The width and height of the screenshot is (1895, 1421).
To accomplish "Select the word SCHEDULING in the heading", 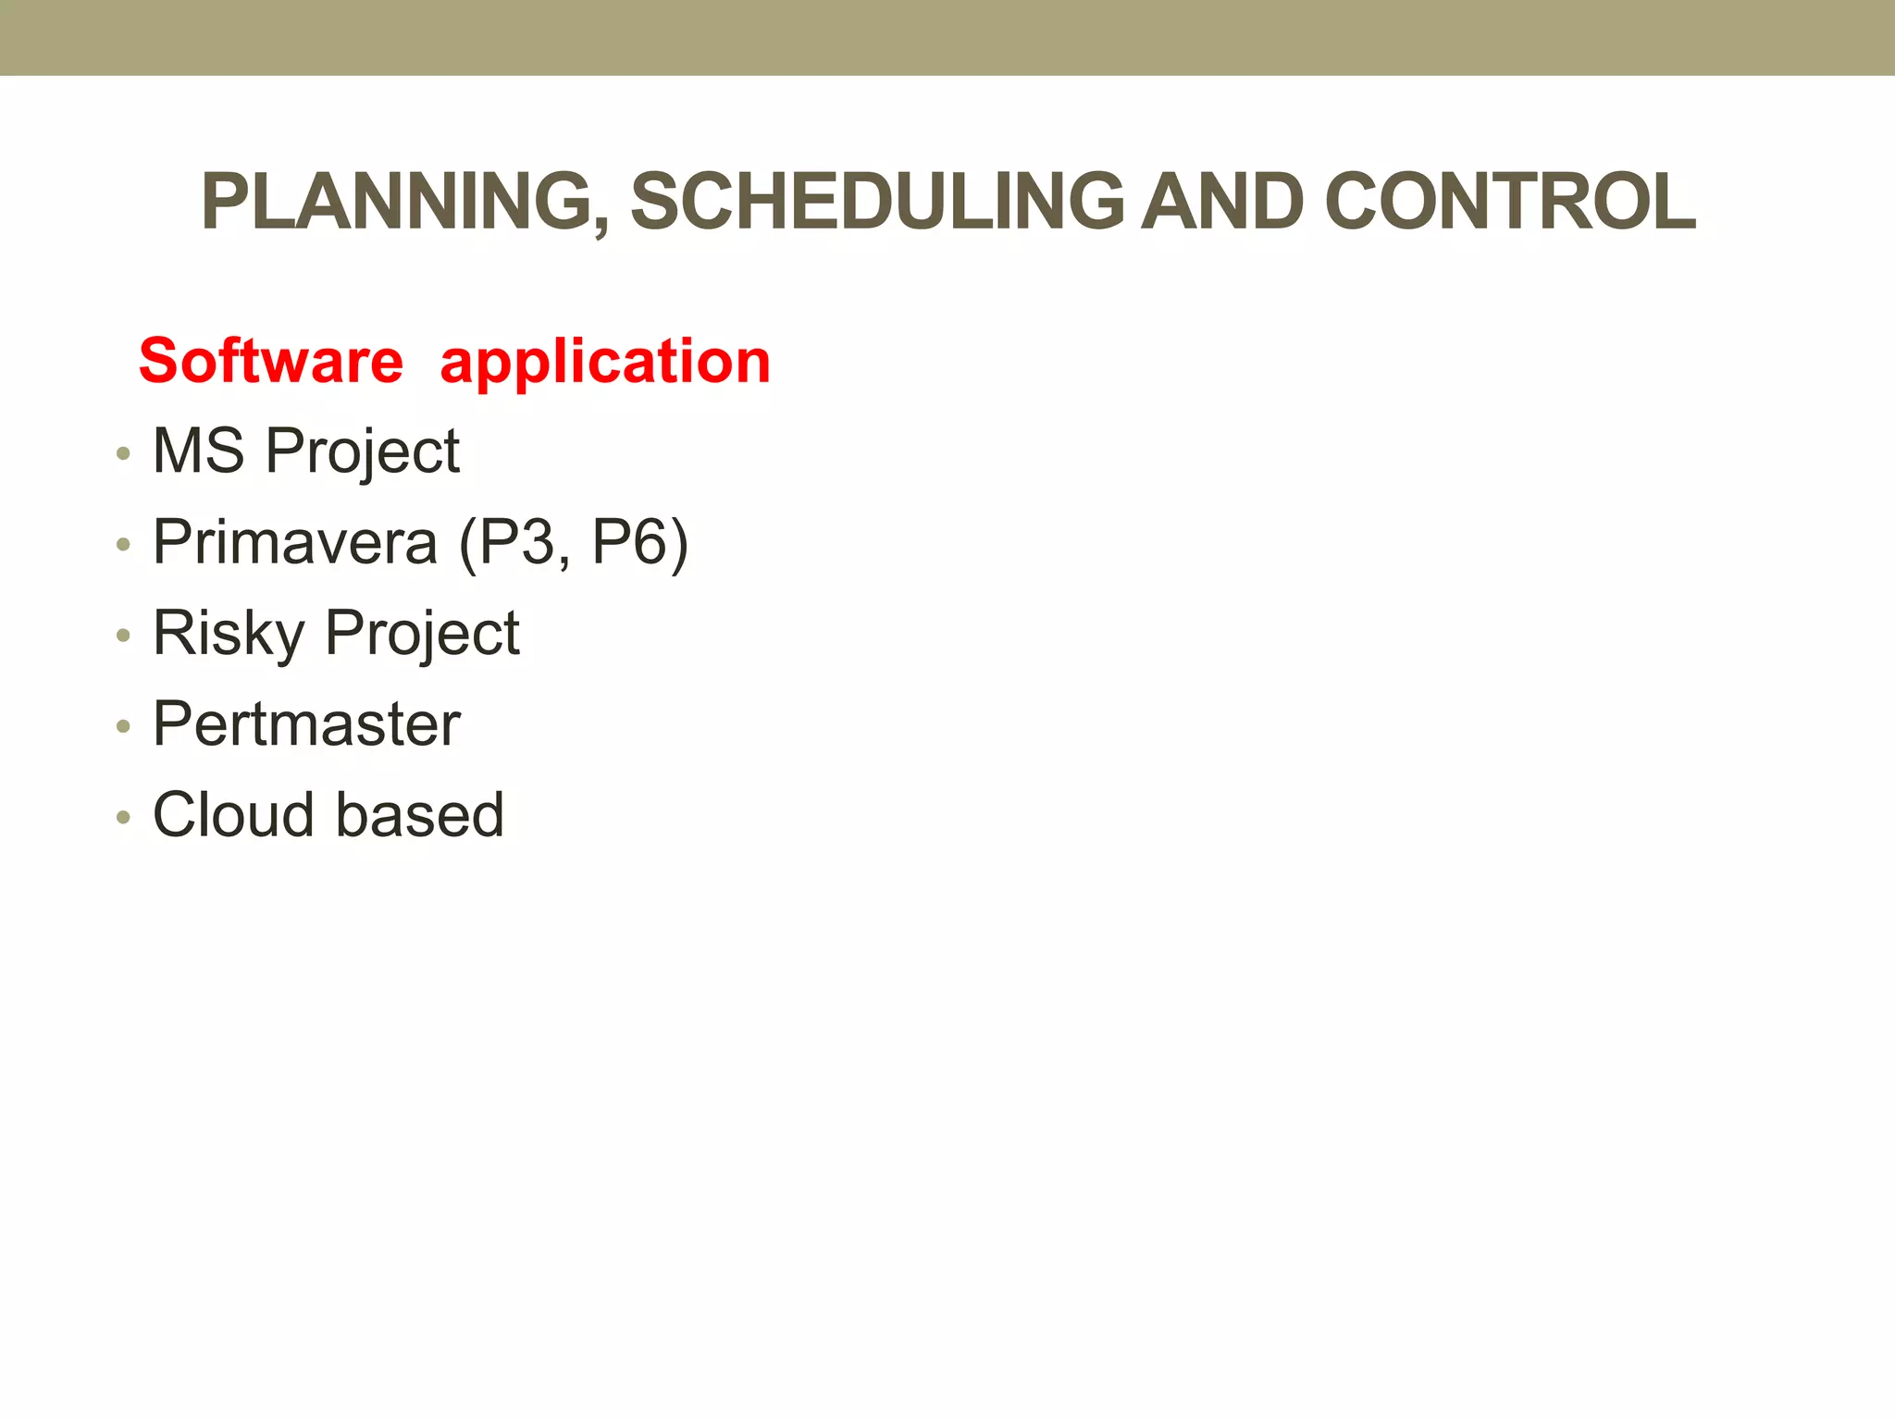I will (876, 203).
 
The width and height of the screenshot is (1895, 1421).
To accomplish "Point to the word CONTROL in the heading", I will (1510, 203).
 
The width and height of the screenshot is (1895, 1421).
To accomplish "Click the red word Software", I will (271, 361).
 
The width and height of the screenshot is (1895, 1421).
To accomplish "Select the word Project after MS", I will (363, 453).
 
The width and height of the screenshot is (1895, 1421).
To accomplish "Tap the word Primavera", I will (294, 542).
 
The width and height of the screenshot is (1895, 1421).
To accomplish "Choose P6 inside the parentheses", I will (629, 542).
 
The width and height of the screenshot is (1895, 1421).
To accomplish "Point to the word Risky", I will (228, 635).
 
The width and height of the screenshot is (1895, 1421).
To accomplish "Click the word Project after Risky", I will (422, 635).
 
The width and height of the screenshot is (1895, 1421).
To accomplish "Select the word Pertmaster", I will (306, 724).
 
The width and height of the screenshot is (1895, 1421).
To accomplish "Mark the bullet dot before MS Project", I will (123, 454).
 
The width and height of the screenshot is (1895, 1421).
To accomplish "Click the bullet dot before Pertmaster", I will (123, 727).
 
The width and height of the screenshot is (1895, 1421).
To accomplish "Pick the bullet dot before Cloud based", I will (123, 818).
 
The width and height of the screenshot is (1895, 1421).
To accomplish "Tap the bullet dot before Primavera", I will (123, 545).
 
